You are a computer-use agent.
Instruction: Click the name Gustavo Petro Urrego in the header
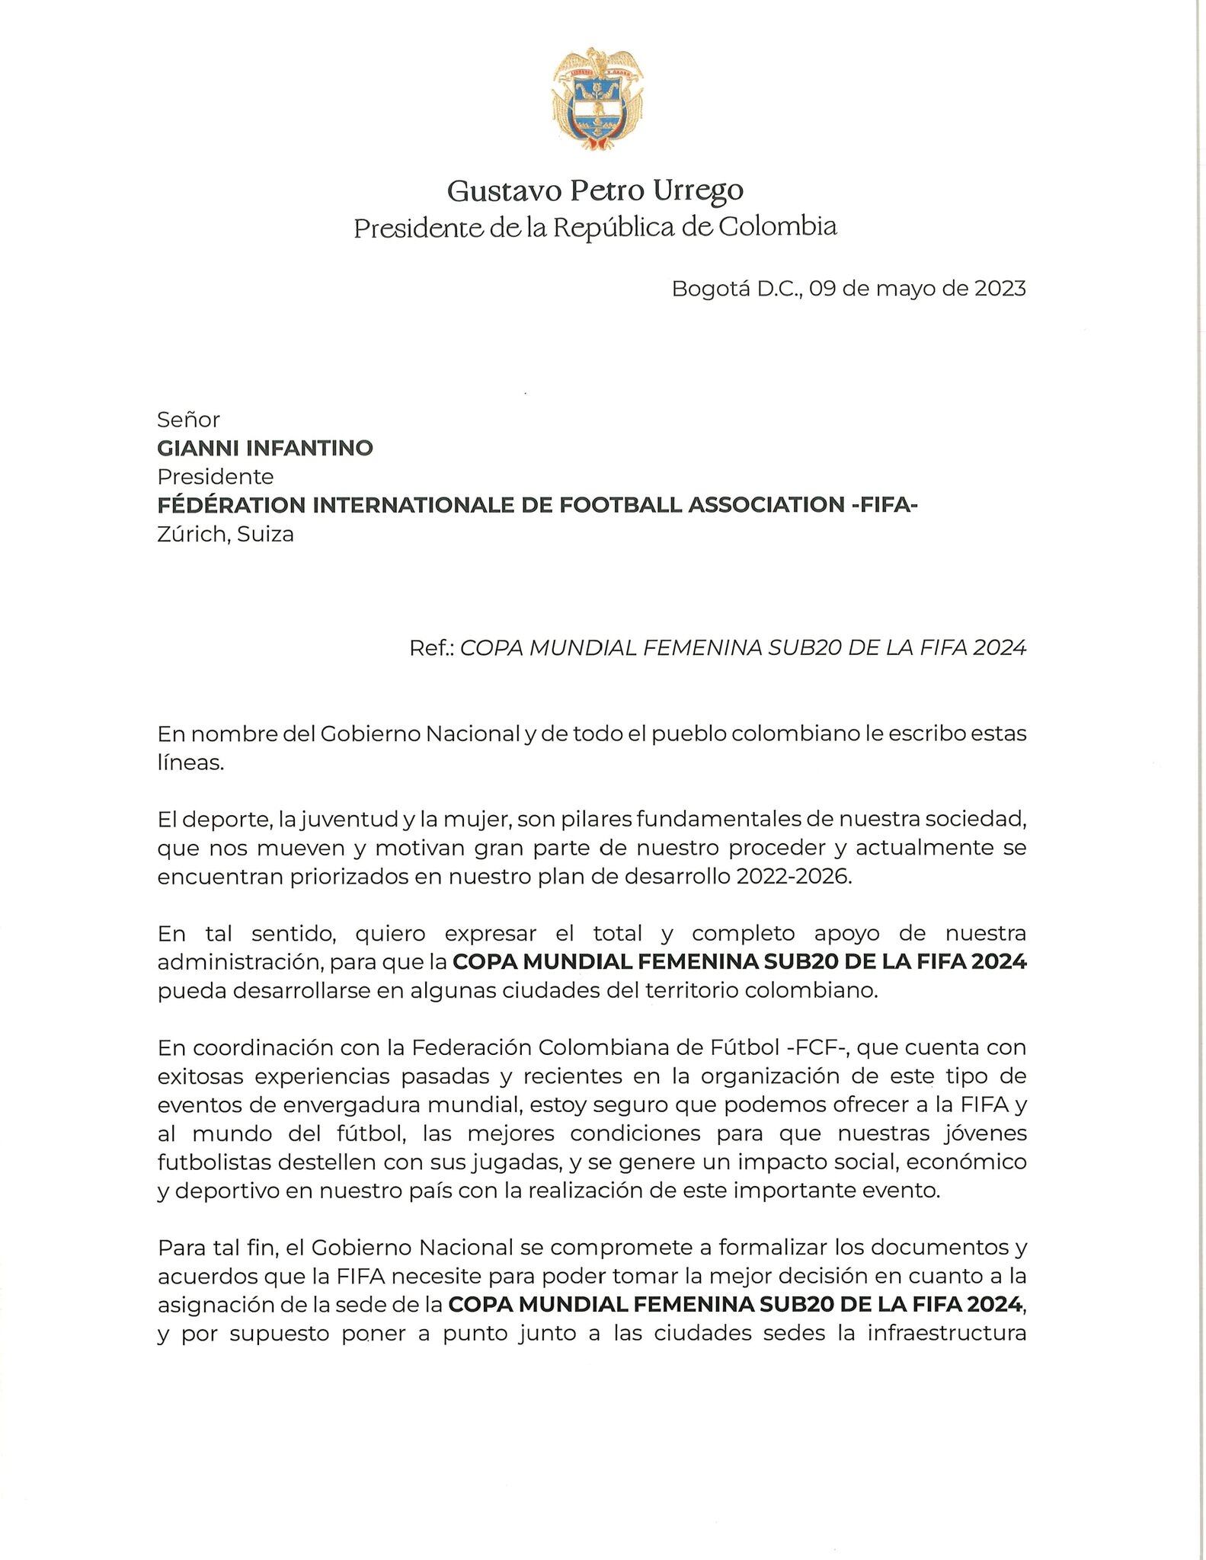tap(595, 190)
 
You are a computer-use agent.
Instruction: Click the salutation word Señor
tap(188, 420)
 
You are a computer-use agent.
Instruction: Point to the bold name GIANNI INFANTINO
tap(265, 448)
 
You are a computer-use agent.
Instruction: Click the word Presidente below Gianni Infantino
tap(216, 477)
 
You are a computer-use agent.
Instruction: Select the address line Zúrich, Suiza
tap(226, 534)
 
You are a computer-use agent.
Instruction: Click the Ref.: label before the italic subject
tap(432, 647)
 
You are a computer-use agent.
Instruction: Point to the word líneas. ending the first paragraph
tap(190, 762)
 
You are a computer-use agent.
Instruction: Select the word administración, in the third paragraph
tap(240, 962)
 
